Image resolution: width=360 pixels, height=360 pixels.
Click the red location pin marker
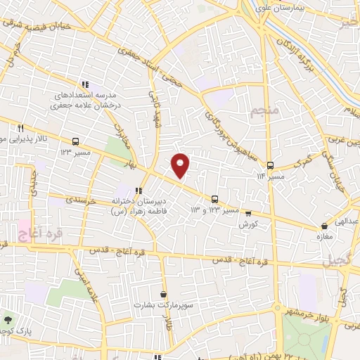[181, 165]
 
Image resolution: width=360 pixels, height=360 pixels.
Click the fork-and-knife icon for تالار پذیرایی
[20, 128]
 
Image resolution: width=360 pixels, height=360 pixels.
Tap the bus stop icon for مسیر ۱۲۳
[75, 141]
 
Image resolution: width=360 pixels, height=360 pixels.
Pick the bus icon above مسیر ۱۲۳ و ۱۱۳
[215, 199]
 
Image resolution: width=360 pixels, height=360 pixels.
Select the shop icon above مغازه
[324, 226]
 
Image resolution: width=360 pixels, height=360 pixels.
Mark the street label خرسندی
[80, 200]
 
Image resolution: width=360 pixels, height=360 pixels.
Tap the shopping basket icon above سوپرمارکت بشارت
[164, 295]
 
